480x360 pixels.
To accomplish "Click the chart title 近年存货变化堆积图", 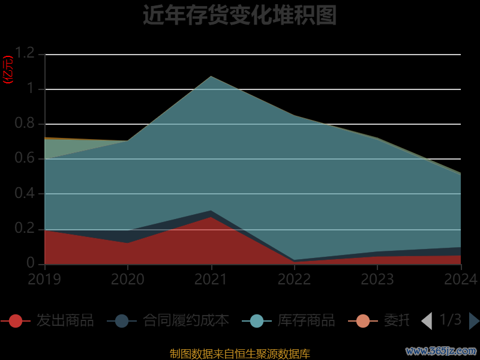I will click(x=239, y=15).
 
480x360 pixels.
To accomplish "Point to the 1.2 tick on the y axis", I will click(x=25, y=54).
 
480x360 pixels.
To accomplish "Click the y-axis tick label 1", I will click(x=32, y=89).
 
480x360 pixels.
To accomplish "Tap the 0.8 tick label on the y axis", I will click(x=25, y=124).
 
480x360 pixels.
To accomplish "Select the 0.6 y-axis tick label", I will click(x=25, y=158).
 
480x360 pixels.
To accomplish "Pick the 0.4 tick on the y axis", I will click(x=25, y=194).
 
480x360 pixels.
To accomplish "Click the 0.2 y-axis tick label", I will click(x=25, y=229).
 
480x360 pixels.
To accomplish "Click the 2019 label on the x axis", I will click(x=44, y=279).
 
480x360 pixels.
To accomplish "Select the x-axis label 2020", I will click(x=128, y=279).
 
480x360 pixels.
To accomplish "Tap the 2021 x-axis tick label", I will click(x=211, y=279).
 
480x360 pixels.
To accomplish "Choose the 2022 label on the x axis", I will click(x=294, y=279).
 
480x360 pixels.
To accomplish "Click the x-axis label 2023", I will click(x=377, y=279).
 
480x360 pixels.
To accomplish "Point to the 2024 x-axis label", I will click(x=460, y=279).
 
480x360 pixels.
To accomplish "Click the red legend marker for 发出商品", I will click(x=16, y=321).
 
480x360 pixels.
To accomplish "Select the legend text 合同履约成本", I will click(x=186, y=320).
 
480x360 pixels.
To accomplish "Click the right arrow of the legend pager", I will click(x=474, y=321).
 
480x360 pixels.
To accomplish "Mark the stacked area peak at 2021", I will click(x=211, y=76).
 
